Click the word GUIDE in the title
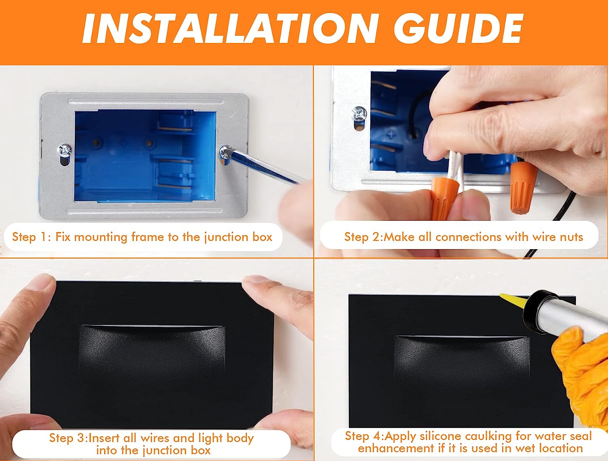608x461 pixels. (458, 28)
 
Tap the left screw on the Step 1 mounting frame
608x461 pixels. (64, 150)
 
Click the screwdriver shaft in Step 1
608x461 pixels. (266, 166)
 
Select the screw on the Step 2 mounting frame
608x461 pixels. (359, 114)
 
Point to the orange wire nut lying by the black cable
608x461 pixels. (522, 187)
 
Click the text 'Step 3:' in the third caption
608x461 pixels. (68, 438)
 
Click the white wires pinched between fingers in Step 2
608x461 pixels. (455, 169)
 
